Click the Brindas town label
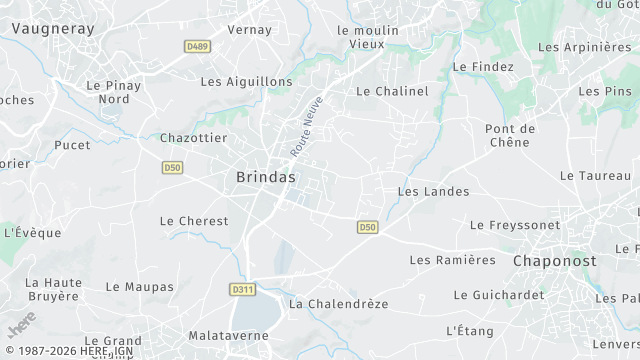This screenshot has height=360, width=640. [x=266, y=177]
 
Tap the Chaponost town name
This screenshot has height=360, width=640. [x=554, y=260]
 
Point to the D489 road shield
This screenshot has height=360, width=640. [x=197, y=46]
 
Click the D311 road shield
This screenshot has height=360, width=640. [x=242, y=289]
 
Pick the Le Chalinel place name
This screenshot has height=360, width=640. [x=392, y=91]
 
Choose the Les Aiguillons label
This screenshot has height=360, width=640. [x=246, y=82]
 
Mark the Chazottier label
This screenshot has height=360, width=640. [x=194, y=138]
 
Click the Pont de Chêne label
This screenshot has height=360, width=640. [x=510, y=135]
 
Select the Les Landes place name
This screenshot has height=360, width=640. [x=433, y=191]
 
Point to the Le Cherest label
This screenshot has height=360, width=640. [x=194, y=221]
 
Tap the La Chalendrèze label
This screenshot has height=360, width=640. [x=338, y=303]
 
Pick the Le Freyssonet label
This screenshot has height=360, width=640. [x=515, y=226]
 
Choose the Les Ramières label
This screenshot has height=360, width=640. [x=453, y=260]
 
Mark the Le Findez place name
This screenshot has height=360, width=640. [x=483, y=67]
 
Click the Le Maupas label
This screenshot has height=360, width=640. [x=139, y=287]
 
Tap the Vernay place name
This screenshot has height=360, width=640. [x=250, y=30]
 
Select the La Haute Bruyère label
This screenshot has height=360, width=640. [x=53, y=289]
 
